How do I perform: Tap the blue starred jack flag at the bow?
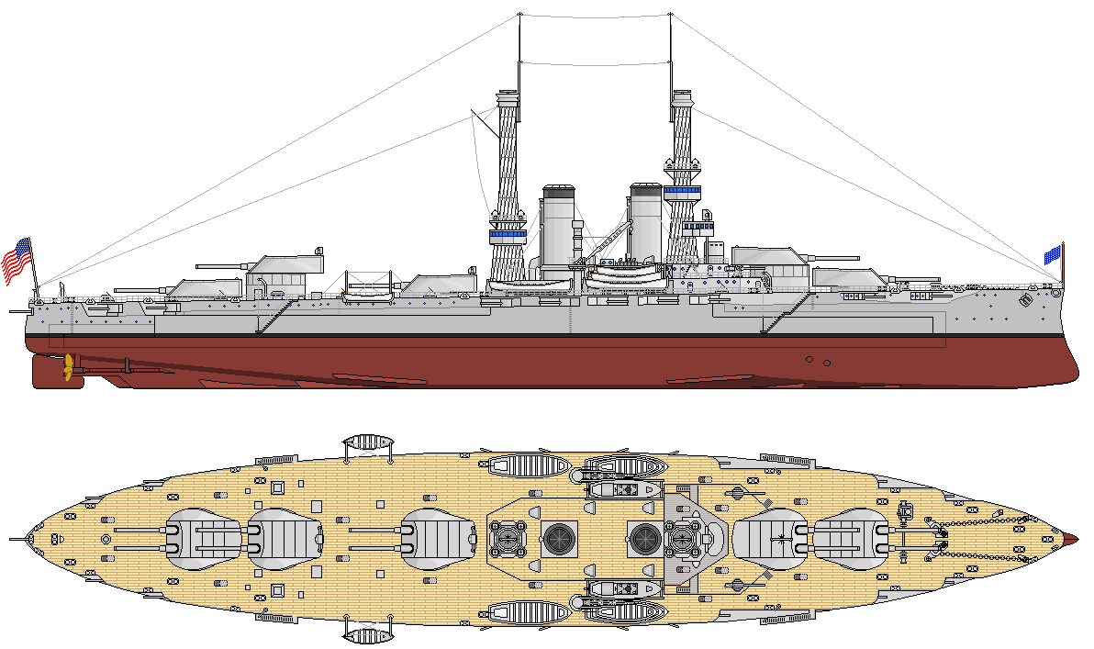(1052, 253)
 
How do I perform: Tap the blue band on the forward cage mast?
(681, 191)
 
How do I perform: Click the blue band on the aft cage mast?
(507, 234)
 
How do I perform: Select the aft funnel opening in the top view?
(558, 537)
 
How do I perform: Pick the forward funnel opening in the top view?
(644, 537)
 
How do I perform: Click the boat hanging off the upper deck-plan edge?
(366, 442)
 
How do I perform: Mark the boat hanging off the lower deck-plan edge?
(366, 634)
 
